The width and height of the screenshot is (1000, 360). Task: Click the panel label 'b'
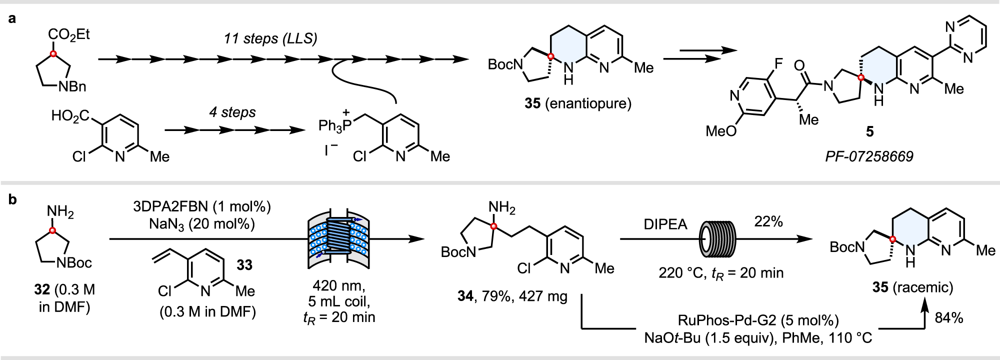[x=12, y=199]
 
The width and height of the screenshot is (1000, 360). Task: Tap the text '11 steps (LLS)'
[x=270, y=38]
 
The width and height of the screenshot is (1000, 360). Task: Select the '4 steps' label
[x=232, y=112]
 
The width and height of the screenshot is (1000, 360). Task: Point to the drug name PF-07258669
[x=869, y=156]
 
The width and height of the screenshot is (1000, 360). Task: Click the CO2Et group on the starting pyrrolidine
[x=69, y=34]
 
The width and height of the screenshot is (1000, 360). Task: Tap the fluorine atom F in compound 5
[x=778, y=64]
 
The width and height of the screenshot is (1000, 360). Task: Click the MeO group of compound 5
[x=721, y=131]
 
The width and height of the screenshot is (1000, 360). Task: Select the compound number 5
[x=870, y=131]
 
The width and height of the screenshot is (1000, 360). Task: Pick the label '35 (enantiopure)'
[x=578, y=103]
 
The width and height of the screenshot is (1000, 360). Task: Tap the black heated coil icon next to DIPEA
[x=718, y=238]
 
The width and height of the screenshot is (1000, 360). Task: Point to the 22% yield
[x=768, y=221]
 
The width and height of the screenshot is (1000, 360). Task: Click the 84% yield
[x=948, y=317]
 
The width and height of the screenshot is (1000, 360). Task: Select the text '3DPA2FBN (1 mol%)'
[x=202, y=206]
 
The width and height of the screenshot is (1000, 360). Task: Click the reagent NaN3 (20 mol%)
[x=202, y=223]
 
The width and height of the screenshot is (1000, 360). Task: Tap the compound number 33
[x=244, y=264]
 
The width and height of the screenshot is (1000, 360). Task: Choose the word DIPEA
[x=665, y=224]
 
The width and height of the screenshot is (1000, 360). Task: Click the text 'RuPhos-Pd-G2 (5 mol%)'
[x=758, y=320]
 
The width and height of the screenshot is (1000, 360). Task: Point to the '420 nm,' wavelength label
[x=339, y=285]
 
